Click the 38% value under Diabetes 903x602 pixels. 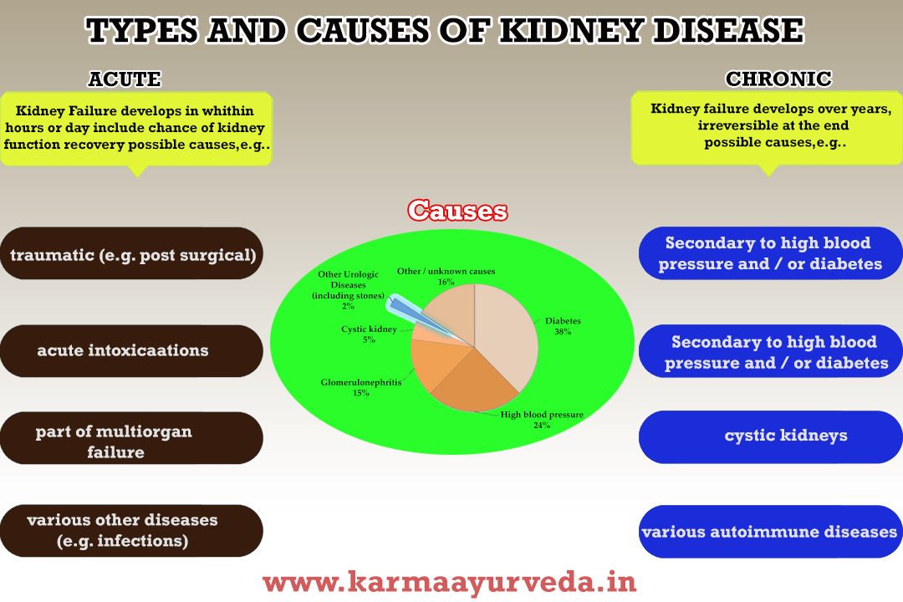(x=563, y=332)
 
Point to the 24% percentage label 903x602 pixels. (x=542, y=426)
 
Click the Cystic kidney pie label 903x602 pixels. (x=369, y=329)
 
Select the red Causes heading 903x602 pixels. (x=457, y=211)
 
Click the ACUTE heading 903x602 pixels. (x=125, y=79)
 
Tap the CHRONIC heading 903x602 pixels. (x=778, y=79)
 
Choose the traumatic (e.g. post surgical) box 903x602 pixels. (x=132, y=253)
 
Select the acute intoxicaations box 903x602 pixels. (x=132, y=350)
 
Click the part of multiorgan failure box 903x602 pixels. (x=132, y=441)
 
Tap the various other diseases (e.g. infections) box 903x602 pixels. (x=132, y=530)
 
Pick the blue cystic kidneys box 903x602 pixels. (x=770, y=436)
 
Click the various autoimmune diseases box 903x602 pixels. (x=770, y=532)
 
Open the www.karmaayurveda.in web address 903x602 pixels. (x=450, y=581)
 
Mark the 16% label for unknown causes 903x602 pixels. (x=446, y=283)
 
